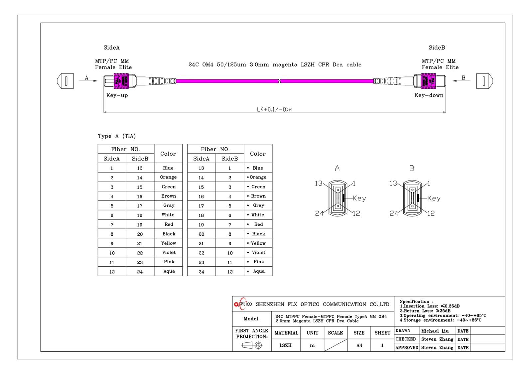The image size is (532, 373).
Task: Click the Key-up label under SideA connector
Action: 117,95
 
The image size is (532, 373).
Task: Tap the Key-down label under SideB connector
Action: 429,95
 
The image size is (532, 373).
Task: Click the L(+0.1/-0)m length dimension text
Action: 274,109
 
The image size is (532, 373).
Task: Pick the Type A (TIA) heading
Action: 117,136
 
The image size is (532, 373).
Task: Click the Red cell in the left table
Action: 169,224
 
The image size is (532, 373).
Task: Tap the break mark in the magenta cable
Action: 280,81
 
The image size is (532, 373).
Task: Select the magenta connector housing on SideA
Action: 121,81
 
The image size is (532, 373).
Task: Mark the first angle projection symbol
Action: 252,345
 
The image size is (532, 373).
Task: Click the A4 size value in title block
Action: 359,345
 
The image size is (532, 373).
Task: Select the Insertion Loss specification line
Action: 430,306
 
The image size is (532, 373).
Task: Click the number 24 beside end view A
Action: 319,213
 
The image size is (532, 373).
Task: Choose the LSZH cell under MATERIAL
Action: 285,345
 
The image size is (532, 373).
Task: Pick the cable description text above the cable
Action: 275,64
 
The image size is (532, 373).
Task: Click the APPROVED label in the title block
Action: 407,348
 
